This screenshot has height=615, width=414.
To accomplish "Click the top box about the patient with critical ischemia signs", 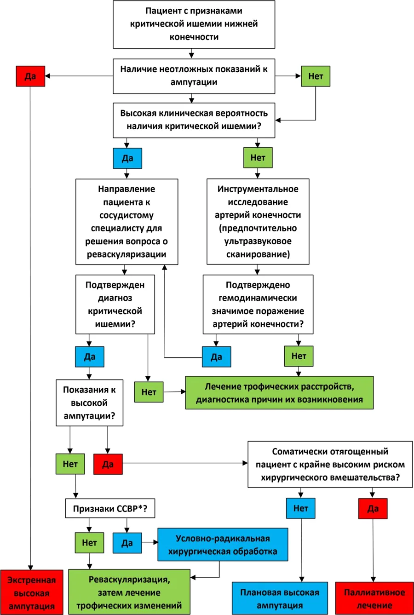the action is pyautogui.click(x=194, y=24).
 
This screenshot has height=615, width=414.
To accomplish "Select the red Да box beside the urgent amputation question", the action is pyautogui.click(x=30, y=76).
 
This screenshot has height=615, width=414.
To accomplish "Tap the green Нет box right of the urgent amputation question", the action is pyautogui.click(x=316, y=76).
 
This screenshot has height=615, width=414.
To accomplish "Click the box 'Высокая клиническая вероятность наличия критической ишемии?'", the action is pyautogui.click(x=194, y=120).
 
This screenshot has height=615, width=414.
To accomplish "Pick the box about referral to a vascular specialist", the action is pyautogui.click(x=126, y=222).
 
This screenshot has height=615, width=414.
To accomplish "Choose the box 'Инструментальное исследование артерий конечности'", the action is pyautogui.click(x=258, y=222).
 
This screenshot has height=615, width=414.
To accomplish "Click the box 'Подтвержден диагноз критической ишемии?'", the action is pyautogui.click(x=115, y=305).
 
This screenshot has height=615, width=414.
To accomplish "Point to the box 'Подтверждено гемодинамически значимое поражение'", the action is pyautogui.click(x=258, y=305).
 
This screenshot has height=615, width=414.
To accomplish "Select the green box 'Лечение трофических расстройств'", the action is pyautogui.click(x=279, y=393).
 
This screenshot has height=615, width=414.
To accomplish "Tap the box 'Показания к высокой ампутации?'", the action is pyautogui.click(x=90, y=403).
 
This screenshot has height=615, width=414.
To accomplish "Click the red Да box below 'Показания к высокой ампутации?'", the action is pyautogui.click(x=108, y=464).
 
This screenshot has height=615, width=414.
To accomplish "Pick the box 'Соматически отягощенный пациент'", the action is pyautogui.click(x=330, y=464).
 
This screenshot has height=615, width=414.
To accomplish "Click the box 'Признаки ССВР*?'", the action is pyautogui.click(x=110, y=508).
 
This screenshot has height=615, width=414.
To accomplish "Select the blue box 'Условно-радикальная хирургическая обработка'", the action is pyautogui.click(x=223, y=545).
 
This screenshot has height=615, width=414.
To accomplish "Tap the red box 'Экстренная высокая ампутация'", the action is pyautogui.click(x=32, y=592).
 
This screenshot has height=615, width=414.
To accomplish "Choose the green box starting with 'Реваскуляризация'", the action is pyautogui.click(x=129, y=592).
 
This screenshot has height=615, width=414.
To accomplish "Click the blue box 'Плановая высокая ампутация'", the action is pyautogui.click(x=280, y=598).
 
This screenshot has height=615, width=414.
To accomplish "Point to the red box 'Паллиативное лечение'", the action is pyautogui.click(x=374, y=598).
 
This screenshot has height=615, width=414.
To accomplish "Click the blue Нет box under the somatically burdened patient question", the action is pyautogui.click(x=301, y=508).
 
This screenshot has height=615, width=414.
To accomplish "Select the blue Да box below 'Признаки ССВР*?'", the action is pyautogui.click(x=127, y=543).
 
